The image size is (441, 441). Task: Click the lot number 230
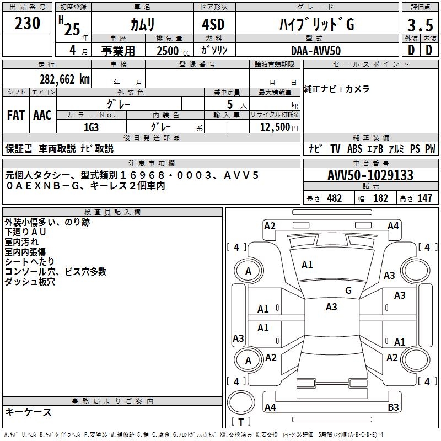pos(28,23)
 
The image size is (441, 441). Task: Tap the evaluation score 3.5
pos(420,25)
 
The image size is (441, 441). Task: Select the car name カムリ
pos(142,25)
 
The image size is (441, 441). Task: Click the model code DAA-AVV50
pos(316,51)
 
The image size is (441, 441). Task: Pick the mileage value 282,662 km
pos(64,79)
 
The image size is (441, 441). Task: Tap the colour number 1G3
pos(91,126)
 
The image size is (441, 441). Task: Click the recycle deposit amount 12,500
pos(275,127)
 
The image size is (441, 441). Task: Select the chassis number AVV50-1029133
pos(370,175)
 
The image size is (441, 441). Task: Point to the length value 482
pos(334,198)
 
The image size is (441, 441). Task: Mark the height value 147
pos(424,198)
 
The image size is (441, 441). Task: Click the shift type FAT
pos(16,115)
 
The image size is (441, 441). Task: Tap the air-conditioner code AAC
pos(42,115)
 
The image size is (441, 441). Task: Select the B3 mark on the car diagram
pos(393,407)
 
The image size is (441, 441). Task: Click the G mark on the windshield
pos(348,291)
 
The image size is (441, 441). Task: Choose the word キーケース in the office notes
pos(29,412)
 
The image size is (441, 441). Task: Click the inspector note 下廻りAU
pos(26,232)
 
